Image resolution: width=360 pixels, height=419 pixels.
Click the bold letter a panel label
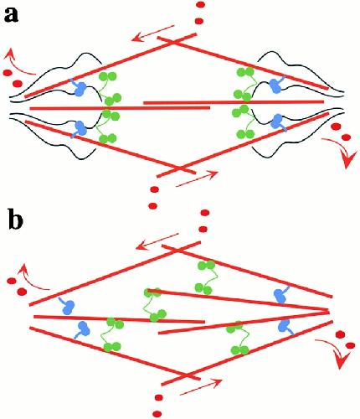click(11, 15)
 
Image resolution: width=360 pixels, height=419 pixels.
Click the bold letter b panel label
click(15, 220)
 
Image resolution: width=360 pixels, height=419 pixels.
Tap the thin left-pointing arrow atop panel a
click(153, 33)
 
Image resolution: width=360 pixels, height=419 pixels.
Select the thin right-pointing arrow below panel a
click(197, 178)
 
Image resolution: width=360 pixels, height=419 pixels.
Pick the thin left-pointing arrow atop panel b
click(157, 241)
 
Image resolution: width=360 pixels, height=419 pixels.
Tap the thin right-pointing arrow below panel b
click(202, 386)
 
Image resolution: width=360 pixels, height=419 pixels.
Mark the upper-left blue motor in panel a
click(79, 87)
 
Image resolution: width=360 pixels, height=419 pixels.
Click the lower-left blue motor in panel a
click(80, 129)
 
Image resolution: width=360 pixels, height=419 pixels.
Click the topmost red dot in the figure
click(200, 4)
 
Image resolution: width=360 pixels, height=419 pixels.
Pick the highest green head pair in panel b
click(206, 265)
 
